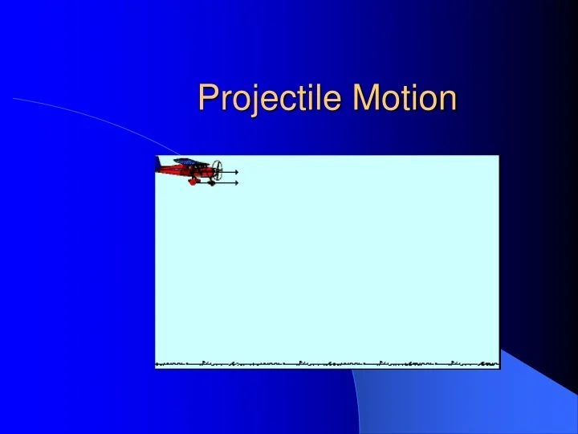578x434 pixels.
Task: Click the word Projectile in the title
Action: pos(261,99)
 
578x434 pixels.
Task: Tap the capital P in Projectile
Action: pos(208,98)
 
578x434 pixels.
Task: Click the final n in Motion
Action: pos(447,100)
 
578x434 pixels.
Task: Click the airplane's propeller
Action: pos(218,170)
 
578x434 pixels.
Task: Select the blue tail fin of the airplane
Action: pos(158,164)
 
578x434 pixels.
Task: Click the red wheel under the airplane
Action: pos(193,182)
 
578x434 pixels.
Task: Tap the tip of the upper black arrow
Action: pos(238,172)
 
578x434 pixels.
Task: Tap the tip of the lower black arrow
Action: pos(238,183)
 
